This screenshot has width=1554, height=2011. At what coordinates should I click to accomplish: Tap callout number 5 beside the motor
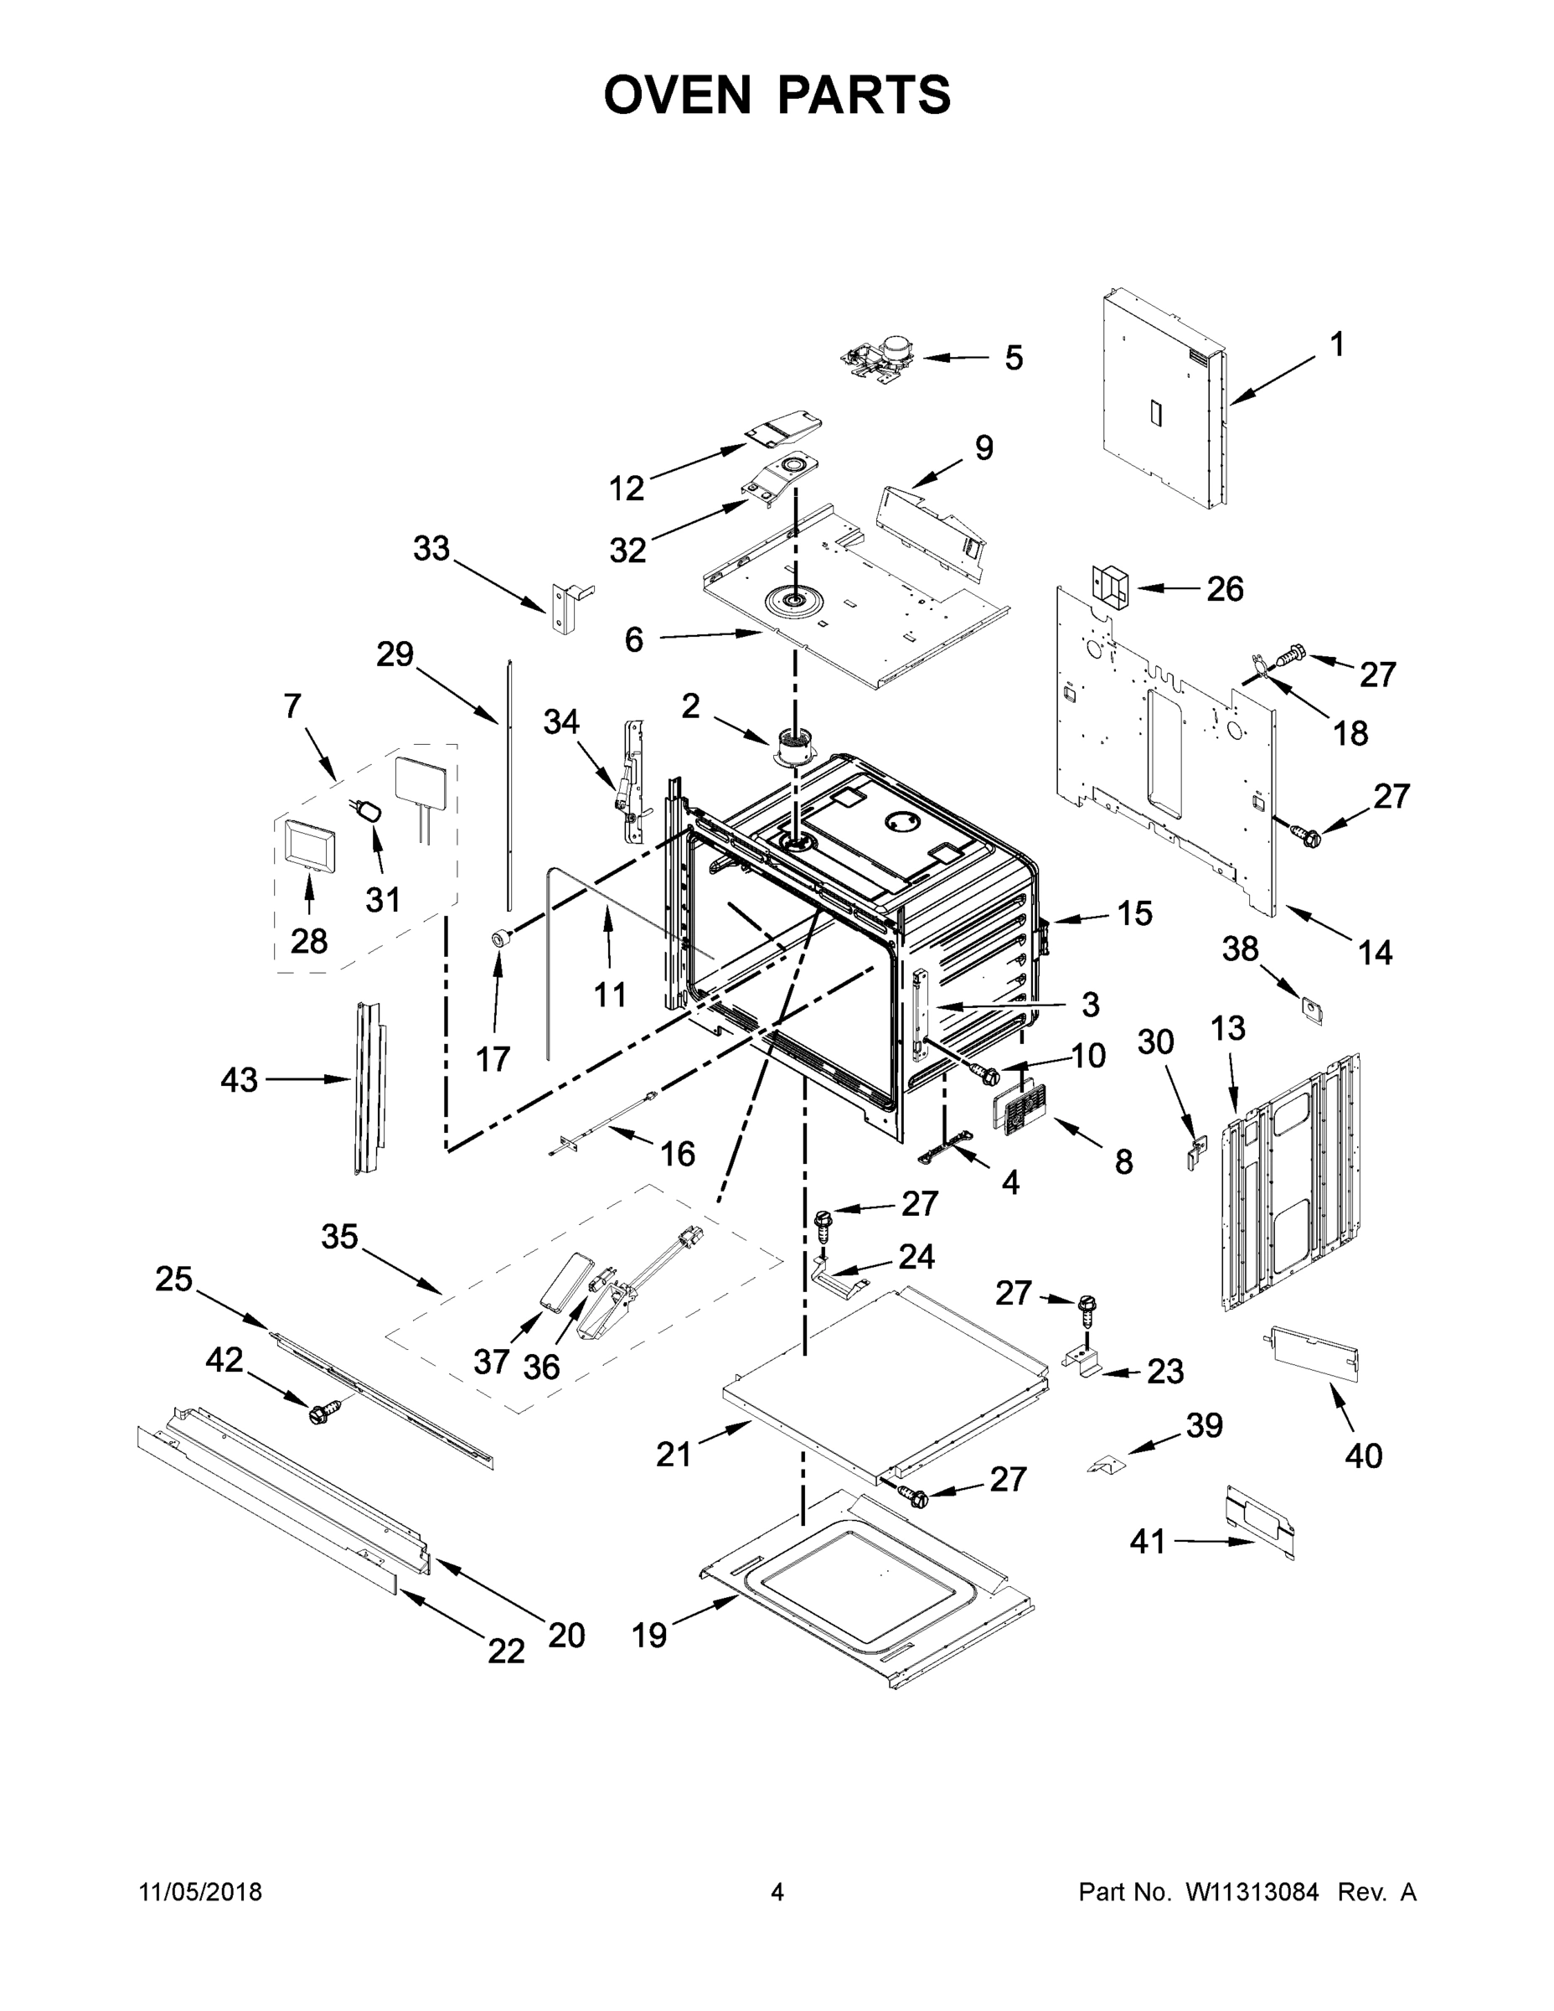1013,358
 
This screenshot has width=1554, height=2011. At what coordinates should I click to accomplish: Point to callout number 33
431,549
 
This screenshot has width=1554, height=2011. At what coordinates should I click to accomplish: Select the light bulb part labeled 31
369,810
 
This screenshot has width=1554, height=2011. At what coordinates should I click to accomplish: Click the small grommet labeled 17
500,938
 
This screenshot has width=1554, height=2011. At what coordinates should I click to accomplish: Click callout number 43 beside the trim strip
240,1079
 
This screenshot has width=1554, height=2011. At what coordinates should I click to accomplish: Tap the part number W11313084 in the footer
1252,1892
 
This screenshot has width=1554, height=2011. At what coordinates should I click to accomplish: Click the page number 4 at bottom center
777,1892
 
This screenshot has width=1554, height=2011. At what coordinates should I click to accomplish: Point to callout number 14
1375,952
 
